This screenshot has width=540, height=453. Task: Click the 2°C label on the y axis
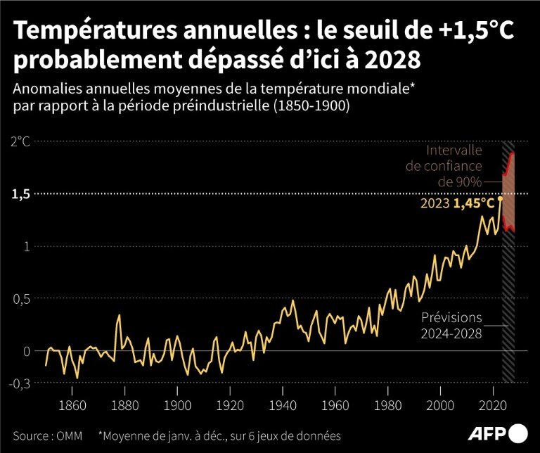[20, 141]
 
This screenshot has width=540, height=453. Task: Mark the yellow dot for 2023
[500, 199]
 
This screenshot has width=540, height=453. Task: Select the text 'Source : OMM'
[46, 436]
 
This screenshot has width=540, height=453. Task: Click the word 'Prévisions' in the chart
[452, 317]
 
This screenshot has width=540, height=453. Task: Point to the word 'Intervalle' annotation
[454, 151]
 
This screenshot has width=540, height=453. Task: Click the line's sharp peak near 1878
[119, 315]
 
